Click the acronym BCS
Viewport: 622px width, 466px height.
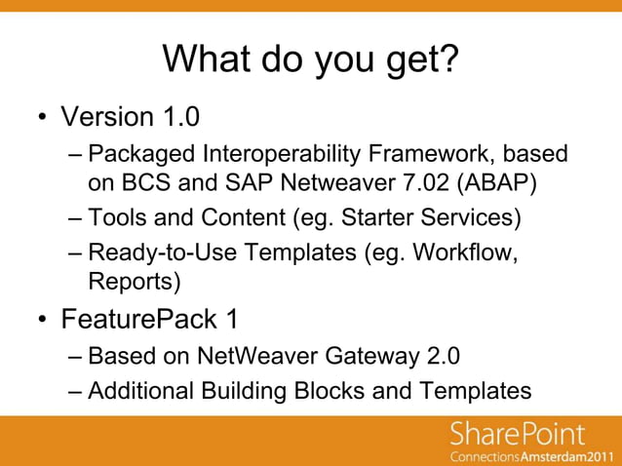tap(141, 181)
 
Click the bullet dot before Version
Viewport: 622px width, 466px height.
tap(43, 119)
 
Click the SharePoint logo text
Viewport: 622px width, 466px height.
tap(518, 433)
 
